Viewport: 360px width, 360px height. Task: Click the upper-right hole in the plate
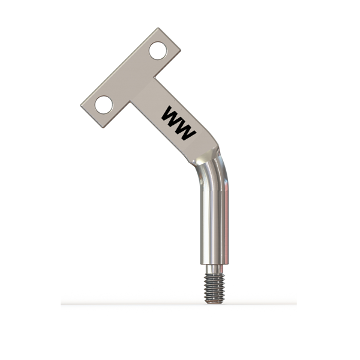pos(158,50)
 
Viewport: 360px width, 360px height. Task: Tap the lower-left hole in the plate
pos(104,104)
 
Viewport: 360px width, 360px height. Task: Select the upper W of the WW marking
pos(172,116)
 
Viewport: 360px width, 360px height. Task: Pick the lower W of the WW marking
pos(185,130)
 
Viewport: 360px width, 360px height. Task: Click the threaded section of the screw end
pos(214,287)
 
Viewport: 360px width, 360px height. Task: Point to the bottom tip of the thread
pos(214,303)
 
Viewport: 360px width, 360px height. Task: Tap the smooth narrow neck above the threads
pos(214,269)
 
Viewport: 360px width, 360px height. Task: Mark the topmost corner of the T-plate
pos(158,28)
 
